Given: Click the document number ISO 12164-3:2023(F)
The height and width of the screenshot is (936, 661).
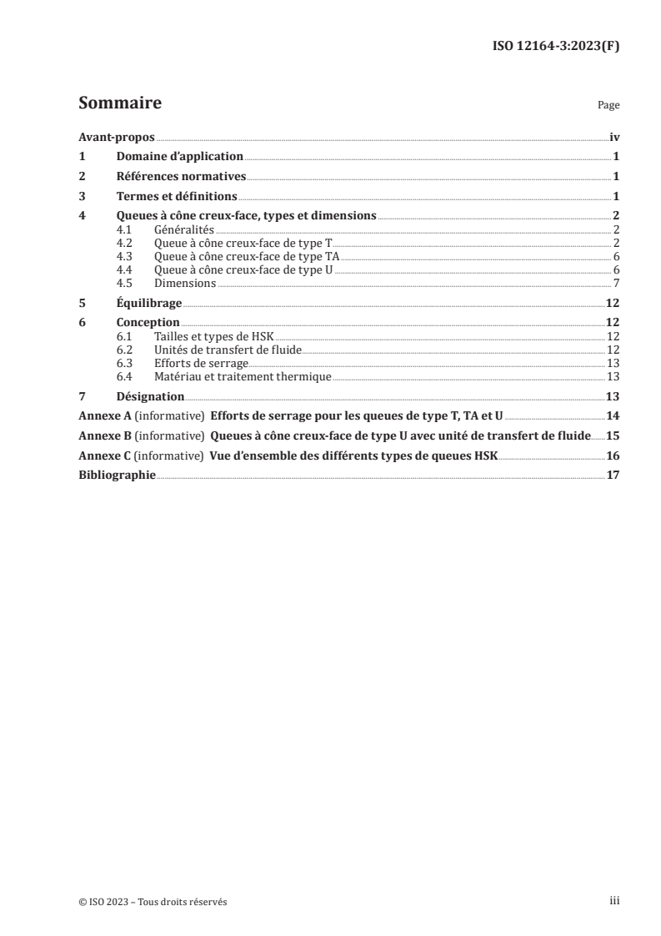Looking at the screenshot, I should (x=556, y=46).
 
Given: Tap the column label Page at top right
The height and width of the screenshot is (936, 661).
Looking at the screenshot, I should (x=608, y=106).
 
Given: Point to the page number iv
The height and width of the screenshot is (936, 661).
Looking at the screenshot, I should (x=613, y=137).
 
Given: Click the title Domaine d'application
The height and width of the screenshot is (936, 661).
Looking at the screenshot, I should (x=180, y=156).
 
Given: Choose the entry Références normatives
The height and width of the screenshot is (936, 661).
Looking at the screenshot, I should (x=182, y=176).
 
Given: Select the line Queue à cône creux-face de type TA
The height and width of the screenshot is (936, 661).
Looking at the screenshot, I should (x=247, y=256).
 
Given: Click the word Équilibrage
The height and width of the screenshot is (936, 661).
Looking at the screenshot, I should (x=149, y=304).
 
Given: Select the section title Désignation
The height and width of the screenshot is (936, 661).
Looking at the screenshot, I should (x=151, y=396).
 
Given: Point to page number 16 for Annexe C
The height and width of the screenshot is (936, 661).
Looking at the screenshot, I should (x=613, y=456).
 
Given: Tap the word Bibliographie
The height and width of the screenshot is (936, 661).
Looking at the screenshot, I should (x=117, y=476).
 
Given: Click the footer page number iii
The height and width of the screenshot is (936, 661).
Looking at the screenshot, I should (x=614, y=901).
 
